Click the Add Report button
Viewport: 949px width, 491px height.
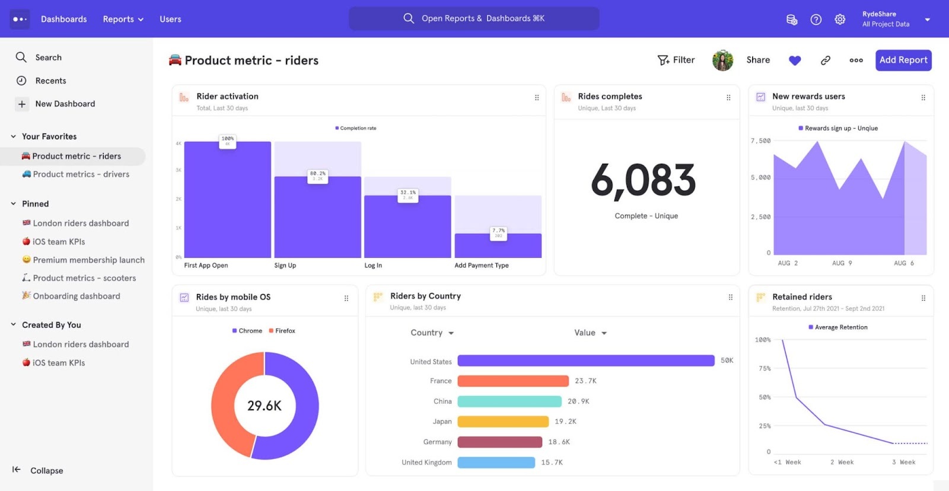pos(903,60)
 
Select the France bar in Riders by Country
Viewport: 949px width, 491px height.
pos(513,381)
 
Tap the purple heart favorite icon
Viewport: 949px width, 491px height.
pos(795,60)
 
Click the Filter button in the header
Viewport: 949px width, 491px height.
pos(676,60)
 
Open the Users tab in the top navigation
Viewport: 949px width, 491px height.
pos(170,19)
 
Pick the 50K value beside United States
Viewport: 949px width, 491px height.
pos(727,361)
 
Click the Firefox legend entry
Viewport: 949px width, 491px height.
pos(282,331)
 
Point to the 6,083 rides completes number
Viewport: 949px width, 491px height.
pos(644,180)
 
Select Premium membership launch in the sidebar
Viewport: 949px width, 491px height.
pos(88,260)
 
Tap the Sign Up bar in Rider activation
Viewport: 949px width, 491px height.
pos(317,217)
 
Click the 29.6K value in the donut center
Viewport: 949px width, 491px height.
pos(265,406)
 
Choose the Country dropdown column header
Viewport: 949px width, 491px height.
pos(432,333)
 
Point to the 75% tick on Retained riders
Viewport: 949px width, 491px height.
pos(765,368)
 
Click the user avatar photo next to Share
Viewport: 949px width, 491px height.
pos(722,60)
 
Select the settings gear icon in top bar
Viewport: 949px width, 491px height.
pos(840,19)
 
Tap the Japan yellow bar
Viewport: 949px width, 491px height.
pos(503,422)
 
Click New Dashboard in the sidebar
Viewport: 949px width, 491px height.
pos(65,104)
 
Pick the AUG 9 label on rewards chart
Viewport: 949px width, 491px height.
pos(842,263)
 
